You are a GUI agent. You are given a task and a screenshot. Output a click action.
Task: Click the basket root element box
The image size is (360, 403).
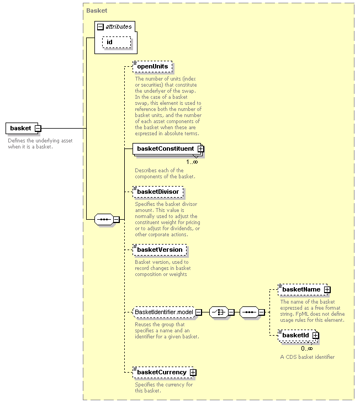(22, 128)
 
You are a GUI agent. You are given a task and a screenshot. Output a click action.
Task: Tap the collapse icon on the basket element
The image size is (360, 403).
(38, 128)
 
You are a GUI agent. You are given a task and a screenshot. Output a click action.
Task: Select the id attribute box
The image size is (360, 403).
(117, 42)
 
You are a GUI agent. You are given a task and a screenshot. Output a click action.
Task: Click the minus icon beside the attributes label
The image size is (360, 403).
(100, 26)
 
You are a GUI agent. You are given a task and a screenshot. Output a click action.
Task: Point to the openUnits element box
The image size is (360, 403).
(152, 67)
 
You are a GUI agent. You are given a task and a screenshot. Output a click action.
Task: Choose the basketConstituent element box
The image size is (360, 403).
(167, 149)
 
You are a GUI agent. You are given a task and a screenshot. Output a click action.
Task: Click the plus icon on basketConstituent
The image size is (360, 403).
(201, 149)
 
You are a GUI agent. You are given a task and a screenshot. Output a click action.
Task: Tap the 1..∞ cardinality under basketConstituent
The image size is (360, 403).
(192, 162)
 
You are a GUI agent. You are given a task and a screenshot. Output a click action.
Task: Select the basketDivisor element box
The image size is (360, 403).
(158, 192)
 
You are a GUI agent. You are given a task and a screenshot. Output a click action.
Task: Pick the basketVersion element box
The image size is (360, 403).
(160, 250)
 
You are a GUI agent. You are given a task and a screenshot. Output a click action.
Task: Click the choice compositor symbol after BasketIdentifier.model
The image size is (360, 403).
(219, 312)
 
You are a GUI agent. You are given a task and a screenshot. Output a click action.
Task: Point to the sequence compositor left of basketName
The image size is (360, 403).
(249, 312)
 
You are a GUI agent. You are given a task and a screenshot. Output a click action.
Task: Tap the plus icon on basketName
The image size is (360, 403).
(327, 290)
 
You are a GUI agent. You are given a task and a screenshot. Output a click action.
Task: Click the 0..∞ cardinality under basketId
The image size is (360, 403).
(307, 348)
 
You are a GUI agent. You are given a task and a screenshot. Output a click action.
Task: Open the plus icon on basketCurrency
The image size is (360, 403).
(193, 373)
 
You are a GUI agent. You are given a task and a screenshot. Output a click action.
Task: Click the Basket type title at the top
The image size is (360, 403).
(97, 10)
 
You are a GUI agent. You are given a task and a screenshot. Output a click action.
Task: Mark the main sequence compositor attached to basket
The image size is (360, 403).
(104, 220)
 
